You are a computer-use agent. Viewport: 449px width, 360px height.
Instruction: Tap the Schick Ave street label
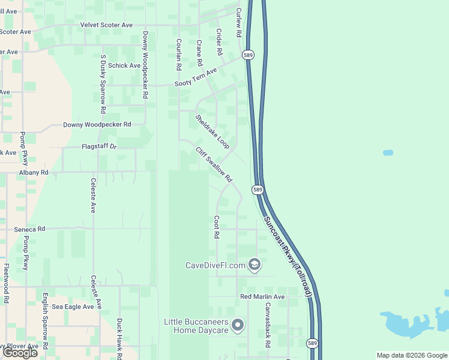click(x=125, y=65)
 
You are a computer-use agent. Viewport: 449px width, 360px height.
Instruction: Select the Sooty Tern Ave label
click(x=195, y=79)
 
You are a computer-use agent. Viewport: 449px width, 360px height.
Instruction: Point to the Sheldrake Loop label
click(x=212, y=131)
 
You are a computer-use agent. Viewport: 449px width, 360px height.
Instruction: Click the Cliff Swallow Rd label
click(x=213, y=163)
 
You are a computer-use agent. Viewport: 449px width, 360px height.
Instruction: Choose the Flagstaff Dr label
click(x=99, y=146)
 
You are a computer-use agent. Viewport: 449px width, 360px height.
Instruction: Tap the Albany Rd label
click(x=34, y=172)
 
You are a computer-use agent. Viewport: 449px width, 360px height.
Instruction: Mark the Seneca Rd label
click(x=29, y=229)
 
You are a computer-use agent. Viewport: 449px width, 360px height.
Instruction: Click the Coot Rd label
click(x=217, y=227)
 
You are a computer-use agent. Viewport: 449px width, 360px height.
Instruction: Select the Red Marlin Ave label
click(x=262, y=297)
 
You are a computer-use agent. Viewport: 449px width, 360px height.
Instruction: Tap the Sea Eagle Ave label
click(x=73, y=306)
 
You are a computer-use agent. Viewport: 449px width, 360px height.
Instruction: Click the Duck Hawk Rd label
click(x=119, y=337)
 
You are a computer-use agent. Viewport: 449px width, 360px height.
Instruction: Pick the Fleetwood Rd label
click(x=6, y=283)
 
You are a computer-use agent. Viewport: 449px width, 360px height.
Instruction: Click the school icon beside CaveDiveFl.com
click(x=255, y=265)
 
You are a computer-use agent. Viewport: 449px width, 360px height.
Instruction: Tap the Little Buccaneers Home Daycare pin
click(x=238, y=325)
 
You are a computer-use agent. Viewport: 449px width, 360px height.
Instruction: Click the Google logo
click(x=20, y=353)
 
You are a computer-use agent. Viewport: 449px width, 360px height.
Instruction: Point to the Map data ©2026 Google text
click(x=411, y=355)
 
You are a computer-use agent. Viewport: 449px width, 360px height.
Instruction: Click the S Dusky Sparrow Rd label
click(x=103, y=80)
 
